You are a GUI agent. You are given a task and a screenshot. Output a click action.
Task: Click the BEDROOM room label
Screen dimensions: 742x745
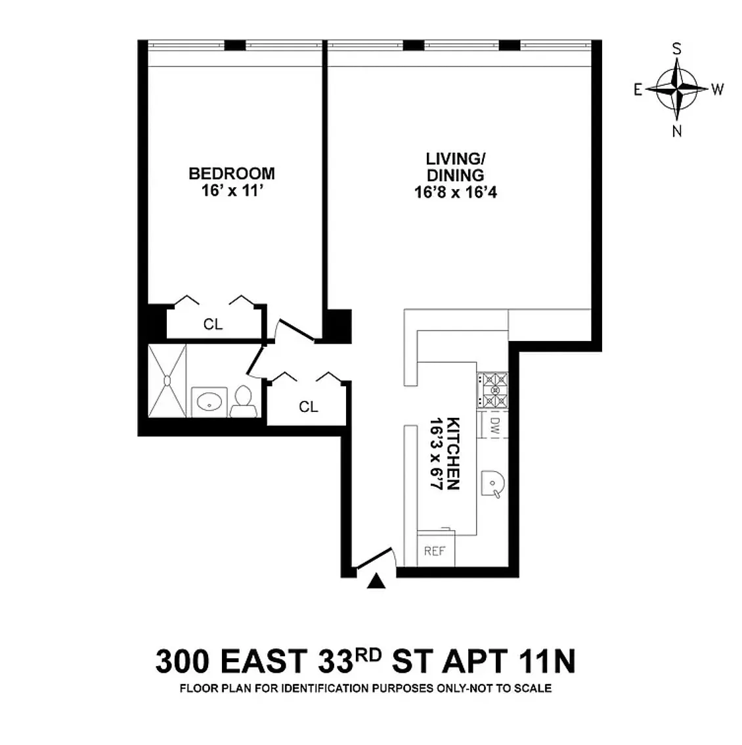(x=232, y=173)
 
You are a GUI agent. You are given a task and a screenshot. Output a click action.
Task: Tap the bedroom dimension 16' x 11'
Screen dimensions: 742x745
(x=232, y=191)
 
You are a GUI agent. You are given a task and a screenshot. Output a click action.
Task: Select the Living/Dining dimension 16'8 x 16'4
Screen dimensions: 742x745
(x=456, y=192)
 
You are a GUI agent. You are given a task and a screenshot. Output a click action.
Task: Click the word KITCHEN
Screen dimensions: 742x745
(x=453, y=453)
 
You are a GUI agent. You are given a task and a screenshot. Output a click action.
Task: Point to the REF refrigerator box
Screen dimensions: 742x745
(x=435, y=549)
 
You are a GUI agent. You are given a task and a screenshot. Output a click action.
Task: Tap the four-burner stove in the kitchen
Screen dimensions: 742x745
(x=492, y=390)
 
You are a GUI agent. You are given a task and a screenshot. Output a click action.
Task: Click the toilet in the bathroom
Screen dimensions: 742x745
(x=243, y=402)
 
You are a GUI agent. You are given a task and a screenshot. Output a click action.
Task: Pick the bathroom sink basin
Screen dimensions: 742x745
(x=209, y=403)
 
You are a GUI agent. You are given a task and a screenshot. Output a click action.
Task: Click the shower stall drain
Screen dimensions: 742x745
(x=167, y=380)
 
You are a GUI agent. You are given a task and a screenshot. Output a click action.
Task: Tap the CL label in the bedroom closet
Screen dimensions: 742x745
(x=213, y=325)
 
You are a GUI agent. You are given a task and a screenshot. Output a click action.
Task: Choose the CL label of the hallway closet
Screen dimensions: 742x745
(x=309, y=407)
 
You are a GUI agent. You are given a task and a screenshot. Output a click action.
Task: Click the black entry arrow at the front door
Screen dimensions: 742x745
(x=376, y=581)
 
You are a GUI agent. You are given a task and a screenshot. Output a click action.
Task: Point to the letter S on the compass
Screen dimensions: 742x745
(x=677, y=49)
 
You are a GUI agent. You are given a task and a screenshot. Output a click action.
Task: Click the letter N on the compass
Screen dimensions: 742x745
(x=677, y=131)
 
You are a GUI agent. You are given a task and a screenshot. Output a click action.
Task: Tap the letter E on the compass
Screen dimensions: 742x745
(x=638, y=89)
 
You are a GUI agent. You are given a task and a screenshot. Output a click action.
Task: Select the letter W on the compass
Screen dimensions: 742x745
(x=717, y=89)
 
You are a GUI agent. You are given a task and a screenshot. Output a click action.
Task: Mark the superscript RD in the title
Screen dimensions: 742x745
(x=369, y=655)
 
